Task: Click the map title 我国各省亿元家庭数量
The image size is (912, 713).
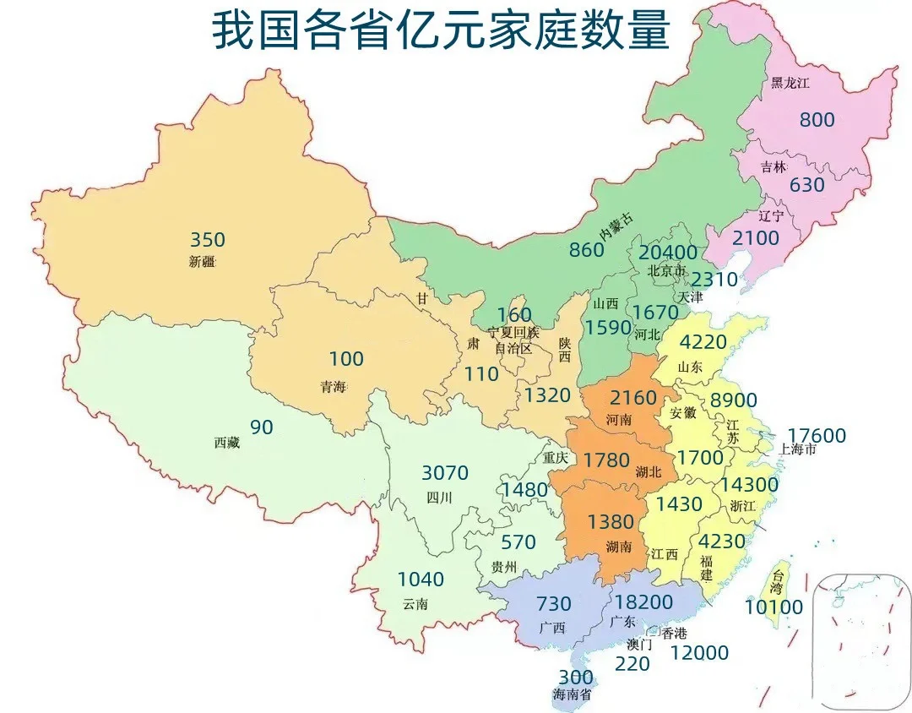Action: [440, 31]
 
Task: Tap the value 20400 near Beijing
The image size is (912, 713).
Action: [668, 253]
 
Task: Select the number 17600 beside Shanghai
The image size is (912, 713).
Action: [817, 436]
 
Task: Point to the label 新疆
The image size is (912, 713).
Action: [203, 262]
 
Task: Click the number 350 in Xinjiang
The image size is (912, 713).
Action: [207, 240]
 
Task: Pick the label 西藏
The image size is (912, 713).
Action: [226, 443]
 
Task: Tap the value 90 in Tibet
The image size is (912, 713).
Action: [262, 427]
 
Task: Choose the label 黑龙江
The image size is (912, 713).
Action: [790, 83]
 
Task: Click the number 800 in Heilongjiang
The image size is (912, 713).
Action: [817, 120]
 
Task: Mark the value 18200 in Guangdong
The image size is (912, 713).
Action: [643, 602]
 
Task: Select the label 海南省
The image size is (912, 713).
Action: [573, 695]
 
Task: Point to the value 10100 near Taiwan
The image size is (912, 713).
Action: [774, 607]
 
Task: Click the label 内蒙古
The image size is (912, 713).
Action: [616, 226]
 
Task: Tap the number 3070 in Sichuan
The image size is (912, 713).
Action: [444, 473]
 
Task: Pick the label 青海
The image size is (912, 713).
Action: [333, 387]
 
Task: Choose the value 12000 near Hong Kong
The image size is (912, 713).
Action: [699, 653]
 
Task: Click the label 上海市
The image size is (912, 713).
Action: [797, 449]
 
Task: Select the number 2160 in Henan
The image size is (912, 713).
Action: [633, 397]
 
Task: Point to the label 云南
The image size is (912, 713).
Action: [415, 603]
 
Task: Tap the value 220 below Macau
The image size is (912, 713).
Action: [632, 664]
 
